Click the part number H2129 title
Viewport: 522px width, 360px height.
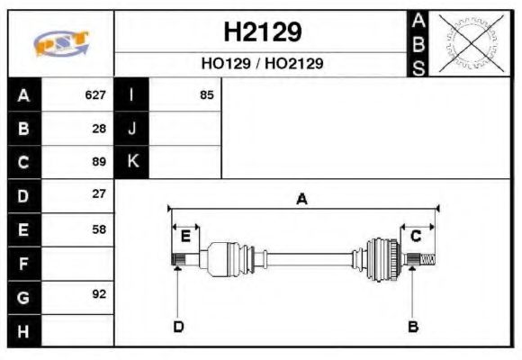(x=262, y=32)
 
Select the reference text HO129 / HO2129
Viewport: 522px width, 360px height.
(x=262, y=64)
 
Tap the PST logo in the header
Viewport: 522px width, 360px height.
(x=60, y=43)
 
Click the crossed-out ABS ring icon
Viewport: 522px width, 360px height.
(x=470, y=42)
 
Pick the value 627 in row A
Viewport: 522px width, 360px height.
(x=95, y=94)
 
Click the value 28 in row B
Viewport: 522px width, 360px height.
(x=99, y=128)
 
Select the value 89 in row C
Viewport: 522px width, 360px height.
(x=99, y=162)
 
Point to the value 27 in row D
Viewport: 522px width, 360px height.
(x=99, y=193)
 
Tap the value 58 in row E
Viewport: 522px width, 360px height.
(x=99, y=229)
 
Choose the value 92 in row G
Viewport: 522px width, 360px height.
(x=99, y=293)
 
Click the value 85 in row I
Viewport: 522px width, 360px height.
(x=206, y=94)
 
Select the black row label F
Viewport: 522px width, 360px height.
(x=23, y=263)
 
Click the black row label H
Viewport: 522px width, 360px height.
(x=23, y=330)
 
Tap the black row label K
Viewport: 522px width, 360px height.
(x=131, y=161)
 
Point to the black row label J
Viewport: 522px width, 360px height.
(x=131, y=128)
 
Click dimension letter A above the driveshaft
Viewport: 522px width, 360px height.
(x=302, y=199)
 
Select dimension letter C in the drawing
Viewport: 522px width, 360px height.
(x=416, y=236)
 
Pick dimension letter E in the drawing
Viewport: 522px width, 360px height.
(x=185, y=236)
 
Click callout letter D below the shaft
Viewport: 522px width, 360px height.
(x=178, y=326)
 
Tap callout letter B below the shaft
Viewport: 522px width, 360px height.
(x=413, y=326)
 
